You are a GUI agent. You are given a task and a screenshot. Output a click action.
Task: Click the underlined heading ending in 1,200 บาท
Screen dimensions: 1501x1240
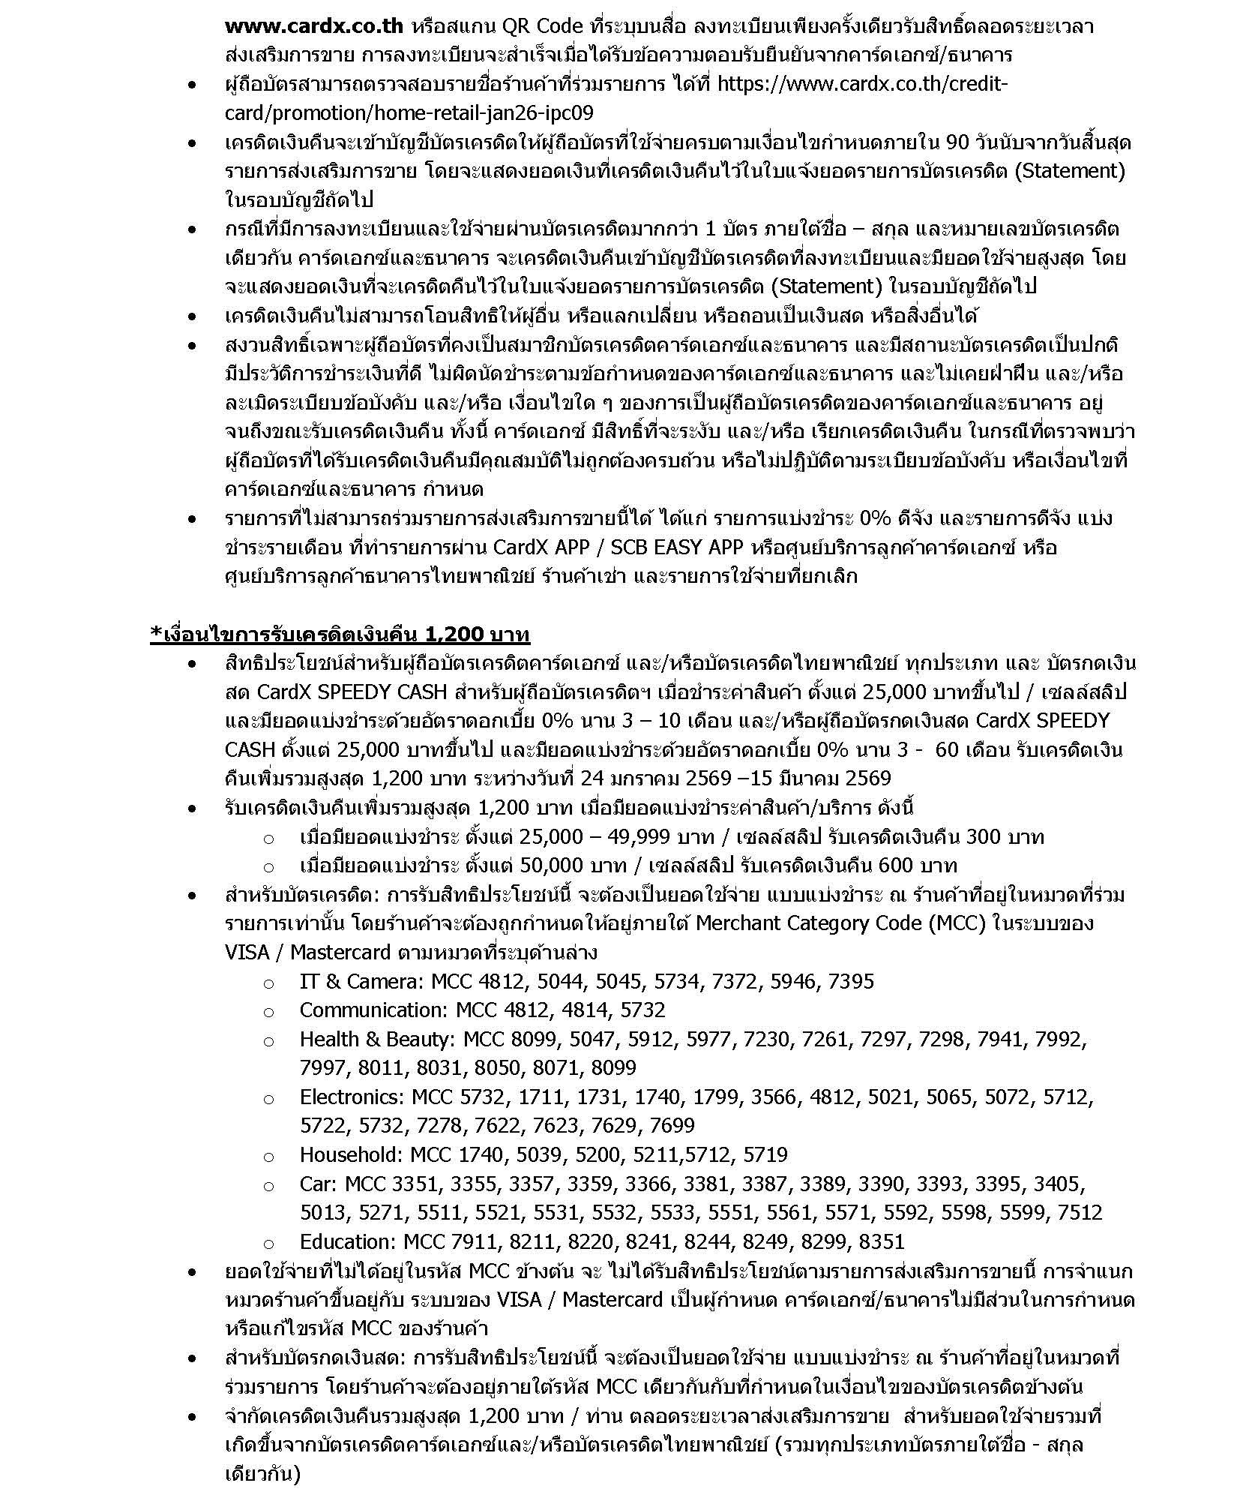[340, 634]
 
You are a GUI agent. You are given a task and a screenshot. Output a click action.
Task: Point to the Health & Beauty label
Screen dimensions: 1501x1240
[378, 1039]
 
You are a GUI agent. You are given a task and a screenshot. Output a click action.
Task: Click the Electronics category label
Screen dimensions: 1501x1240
[352, 1097]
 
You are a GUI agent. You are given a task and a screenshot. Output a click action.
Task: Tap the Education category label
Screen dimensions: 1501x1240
[348, 1241]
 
